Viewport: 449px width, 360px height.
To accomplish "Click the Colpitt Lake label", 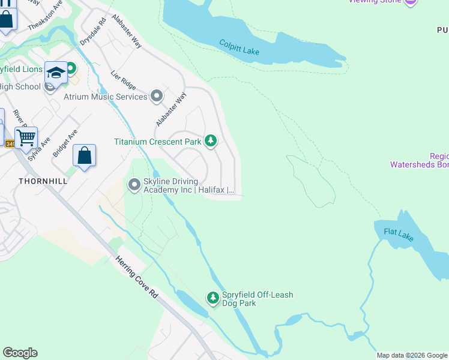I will (x=239, y=47).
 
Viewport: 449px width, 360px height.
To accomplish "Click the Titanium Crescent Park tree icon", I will (x=210, y=141).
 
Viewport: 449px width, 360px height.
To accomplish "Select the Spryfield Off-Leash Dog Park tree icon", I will (x=212, y=298).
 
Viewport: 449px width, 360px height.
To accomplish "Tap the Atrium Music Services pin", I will (x=157, y=96).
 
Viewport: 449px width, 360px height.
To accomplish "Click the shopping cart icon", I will (x=26, y=138).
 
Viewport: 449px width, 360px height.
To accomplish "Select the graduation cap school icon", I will (x=56, y=73).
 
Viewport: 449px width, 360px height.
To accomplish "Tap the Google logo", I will (x=20, y=353).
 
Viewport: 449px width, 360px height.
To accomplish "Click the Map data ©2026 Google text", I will (x=411, y=355).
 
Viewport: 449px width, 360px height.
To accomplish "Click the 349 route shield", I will (x=10, y=143).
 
